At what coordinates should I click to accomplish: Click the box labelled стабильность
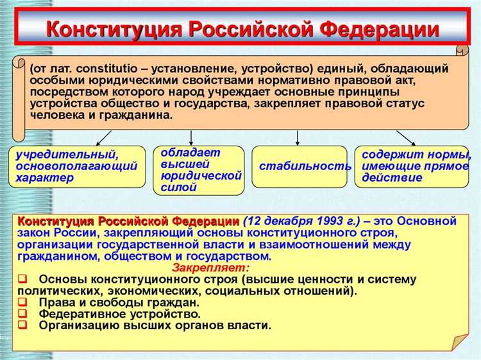tap(300, 166)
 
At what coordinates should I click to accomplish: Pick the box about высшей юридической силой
tap(198, 170)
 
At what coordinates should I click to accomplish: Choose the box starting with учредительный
tap(76, 166)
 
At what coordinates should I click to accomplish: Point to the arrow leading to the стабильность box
tap(298, 137)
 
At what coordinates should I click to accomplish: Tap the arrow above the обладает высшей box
tap(191, 137)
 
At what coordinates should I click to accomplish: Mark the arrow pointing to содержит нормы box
tap(405, 137)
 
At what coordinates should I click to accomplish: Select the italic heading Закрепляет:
tap(212, 268)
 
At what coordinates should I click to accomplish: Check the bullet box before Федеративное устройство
tap(22, 314)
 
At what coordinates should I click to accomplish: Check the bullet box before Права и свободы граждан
tap(22, 302)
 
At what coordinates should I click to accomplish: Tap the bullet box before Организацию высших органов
tap(22, 325)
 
